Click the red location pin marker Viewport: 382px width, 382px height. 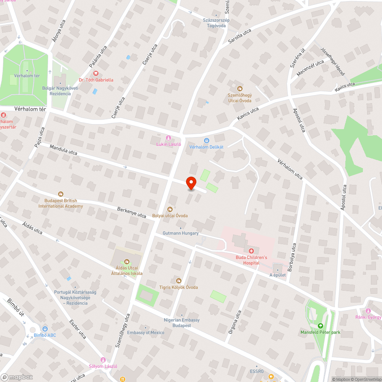click(191, 183)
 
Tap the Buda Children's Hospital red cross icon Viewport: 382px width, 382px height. click(251, 251)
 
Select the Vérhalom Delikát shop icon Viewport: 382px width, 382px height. click(207, 141)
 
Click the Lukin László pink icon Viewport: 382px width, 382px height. click(168, 138)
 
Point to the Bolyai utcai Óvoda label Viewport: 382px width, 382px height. click(170, 216)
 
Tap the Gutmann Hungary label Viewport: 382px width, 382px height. click(181, 233)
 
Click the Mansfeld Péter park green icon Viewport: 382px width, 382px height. click(320, 326)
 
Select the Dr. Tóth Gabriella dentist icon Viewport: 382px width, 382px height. click(96, 73)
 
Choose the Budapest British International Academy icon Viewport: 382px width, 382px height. click(60, 194)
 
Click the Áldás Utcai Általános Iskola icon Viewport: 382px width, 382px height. click(127, 262)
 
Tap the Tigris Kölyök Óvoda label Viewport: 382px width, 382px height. click(178, 287)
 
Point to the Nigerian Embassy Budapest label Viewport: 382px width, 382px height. click(181, 323)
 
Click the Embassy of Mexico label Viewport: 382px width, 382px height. click(146, 332)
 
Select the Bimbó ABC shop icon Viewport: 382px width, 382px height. click(45, 329)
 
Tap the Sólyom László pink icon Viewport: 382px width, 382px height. click(102, 360)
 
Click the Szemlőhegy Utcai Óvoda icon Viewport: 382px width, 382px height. click(240, 89)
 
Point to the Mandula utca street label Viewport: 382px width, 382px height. click(63, 150)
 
